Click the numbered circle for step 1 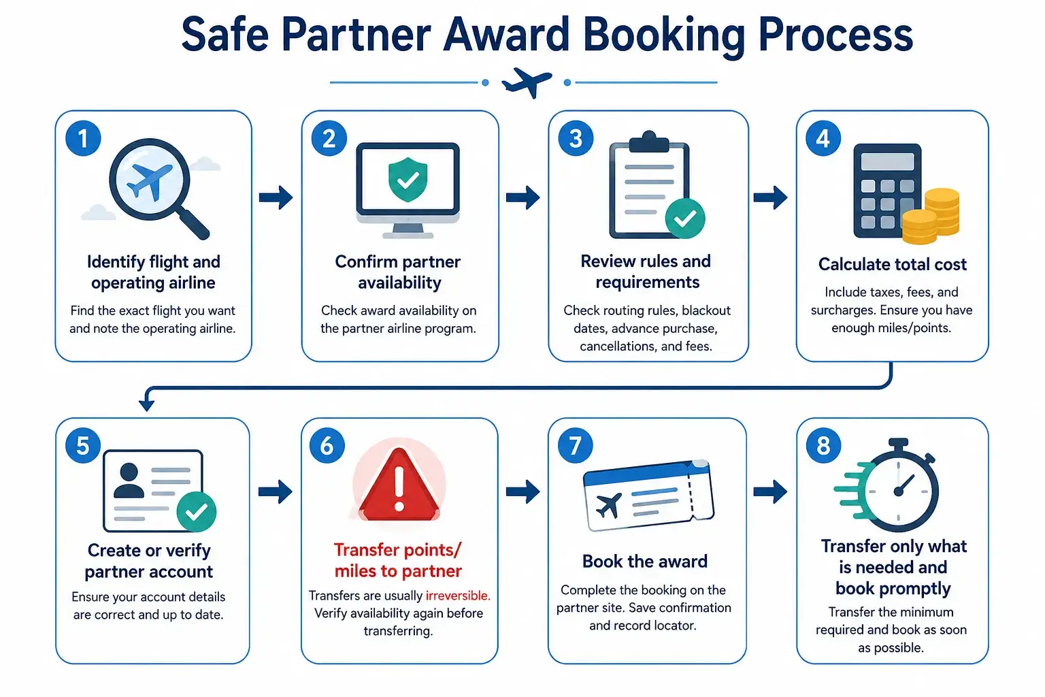click(83, 138)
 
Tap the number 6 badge click(327, 445)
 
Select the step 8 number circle click(823, 445)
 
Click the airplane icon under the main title click(527, 82)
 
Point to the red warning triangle click(399, 485)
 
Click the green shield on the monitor click(408, 179)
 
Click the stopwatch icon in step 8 click(889, 485)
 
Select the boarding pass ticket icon click(648, 496)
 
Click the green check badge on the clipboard click(685, 218)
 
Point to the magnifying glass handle click(194, 224)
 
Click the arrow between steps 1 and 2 click(276, 197)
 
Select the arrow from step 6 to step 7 click(523, 491)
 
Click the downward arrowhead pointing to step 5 click(146, 404)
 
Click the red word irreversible click(458, 596)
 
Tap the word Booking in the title click(664, 35)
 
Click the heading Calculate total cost click(892, 264)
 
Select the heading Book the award click(645, 561)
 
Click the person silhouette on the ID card click(129, 481)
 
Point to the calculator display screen click(887, 161)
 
